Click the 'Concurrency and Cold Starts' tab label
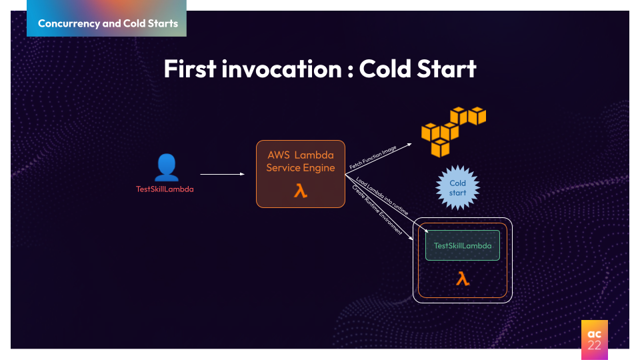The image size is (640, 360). [107, 23]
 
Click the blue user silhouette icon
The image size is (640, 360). [167, 167]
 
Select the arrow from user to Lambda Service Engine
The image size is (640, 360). [222, 175]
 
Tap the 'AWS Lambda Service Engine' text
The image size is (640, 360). [301, 161]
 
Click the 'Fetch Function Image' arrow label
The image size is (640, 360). [373, 157]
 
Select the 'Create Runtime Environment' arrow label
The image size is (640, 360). [377, 209]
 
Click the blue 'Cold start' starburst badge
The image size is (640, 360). [457, 188]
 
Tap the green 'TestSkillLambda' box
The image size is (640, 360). [463, 245]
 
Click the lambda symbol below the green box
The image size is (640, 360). [463, 279]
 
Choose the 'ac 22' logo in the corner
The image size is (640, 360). [594, 335]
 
